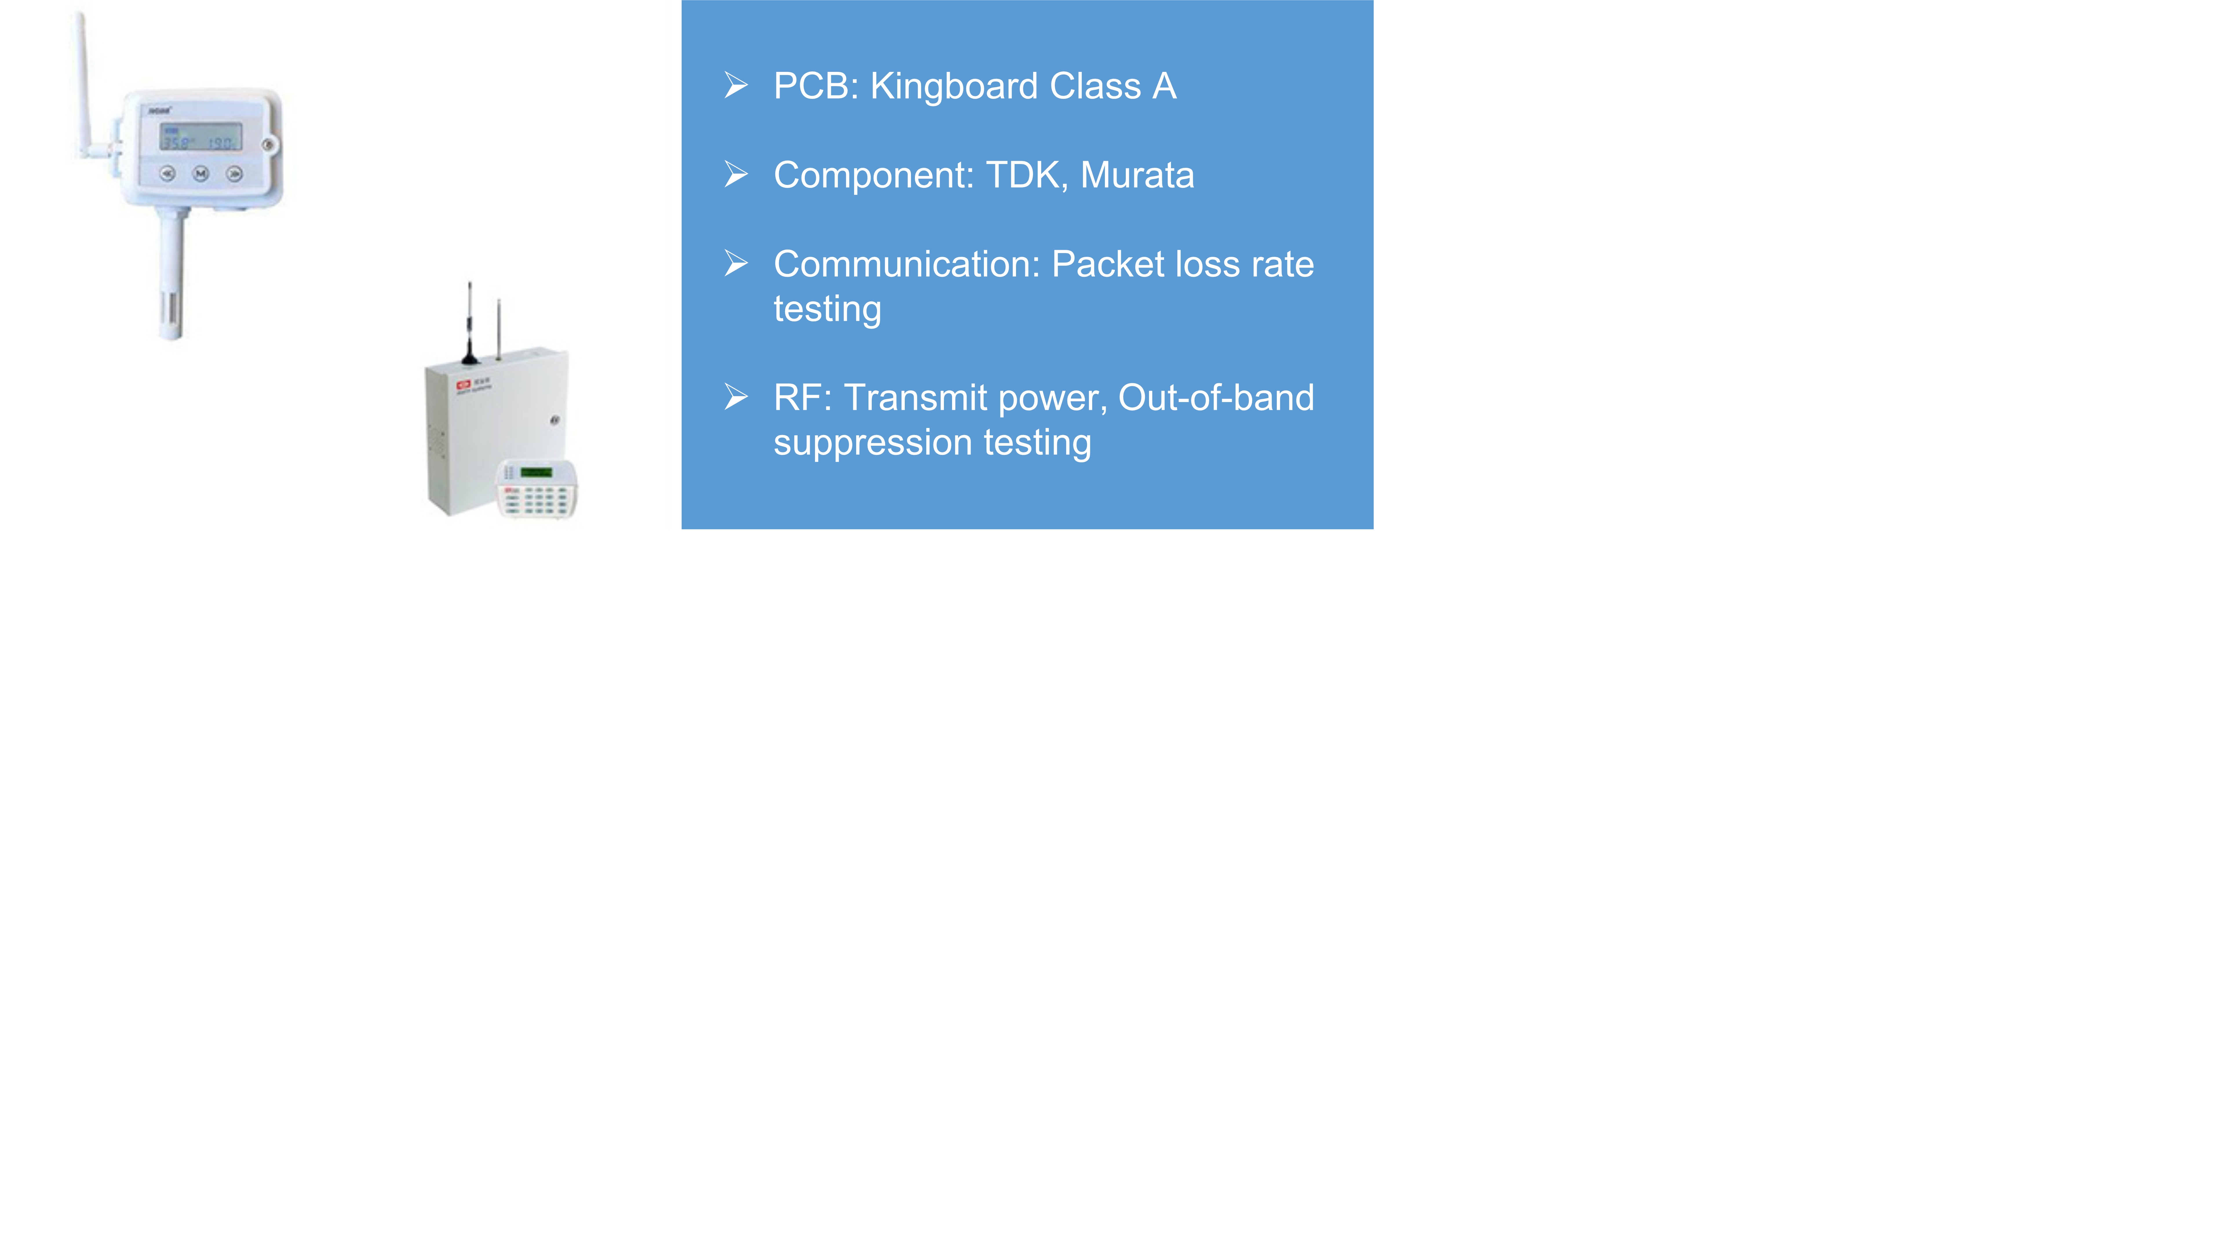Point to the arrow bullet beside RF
[x=736, y=397]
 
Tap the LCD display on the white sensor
[x=200, y=137]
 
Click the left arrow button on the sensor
[x=167, y=174]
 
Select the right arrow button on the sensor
[x=234, y=174]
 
